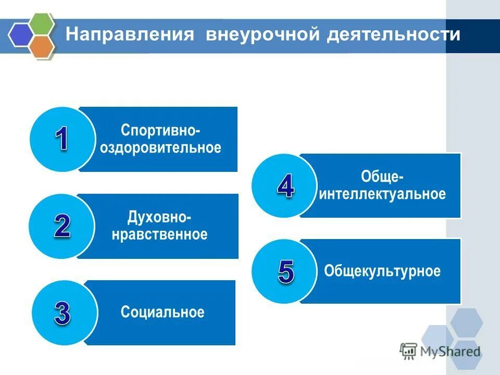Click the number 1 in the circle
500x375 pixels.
tap(61, 139)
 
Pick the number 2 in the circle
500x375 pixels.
tap(62, 226)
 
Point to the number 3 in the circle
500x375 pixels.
tap(63, 312)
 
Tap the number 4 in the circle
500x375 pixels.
tap(285, 185)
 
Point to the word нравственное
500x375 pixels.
tap(160, 234)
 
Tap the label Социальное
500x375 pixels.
tap(162, 312)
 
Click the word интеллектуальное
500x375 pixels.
tap(383, 195)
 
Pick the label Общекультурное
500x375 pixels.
tap(382, 271)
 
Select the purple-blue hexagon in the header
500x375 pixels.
tap(21, 34)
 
